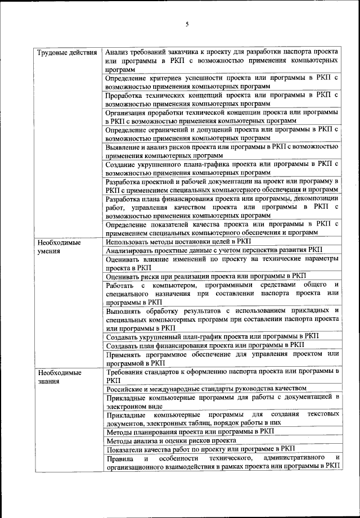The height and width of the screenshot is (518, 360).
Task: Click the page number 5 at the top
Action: pos(187,24)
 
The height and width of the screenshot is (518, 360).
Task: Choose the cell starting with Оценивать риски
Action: pos(206,276)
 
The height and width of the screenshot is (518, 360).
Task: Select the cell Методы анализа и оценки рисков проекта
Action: pos(170,441)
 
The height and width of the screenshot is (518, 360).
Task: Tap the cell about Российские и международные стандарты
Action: pos(206,388)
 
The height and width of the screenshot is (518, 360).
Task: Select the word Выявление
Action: pos(123,147)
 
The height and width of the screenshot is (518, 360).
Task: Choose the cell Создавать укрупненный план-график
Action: pos(211,336)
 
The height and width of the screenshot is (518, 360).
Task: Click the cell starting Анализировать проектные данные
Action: pos(214,250)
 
